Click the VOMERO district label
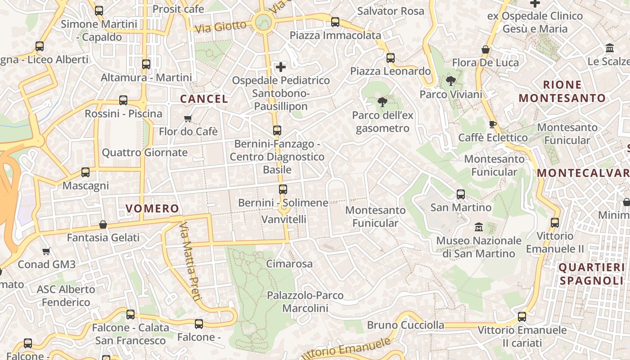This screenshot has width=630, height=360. (x=152, y=209)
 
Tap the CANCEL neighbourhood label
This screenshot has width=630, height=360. (x=204, y=99)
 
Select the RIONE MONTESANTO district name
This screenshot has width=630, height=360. (x=562, y=91)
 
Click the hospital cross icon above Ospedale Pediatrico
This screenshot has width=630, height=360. (x=281, y=67)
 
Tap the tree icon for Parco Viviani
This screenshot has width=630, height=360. (x=450, y=81)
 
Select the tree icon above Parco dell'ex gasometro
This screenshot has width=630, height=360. (x=382, y=102)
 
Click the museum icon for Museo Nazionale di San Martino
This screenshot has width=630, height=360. (x=478, y=227)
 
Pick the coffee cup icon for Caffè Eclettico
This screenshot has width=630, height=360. (x=493, y=124)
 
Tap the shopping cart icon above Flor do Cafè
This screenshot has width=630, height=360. (x=188, y=118)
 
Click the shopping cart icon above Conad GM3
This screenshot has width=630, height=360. (x=46, y=251)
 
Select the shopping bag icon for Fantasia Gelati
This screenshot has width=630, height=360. (x=103, y=225)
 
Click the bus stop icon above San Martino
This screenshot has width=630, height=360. (x=461, y=194)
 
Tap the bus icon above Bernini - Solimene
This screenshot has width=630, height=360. (x=283, y=189)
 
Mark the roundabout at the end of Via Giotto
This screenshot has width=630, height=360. (x=263, y=22)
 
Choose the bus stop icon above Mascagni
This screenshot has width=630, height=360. (x=85, y=172)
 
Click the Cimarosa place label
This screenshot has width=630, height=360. (x=289, y=264)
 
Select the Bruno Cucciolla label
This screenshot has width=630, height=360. (x=405, y=325)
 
